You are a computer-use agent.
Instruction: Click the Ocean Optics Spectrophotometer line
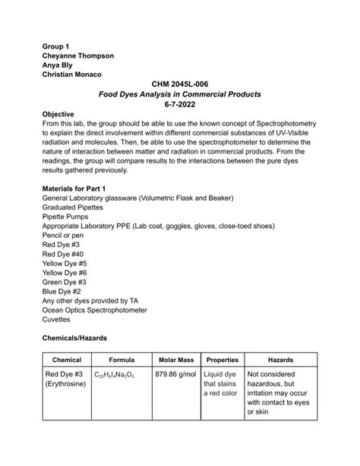point(95,310)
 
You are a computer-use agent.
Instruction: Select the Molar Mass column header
point(177,360)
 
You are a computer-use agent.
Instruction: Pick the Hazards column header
point(281,360)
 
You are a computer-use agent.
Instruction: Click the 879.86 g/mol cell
point(177,374)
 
